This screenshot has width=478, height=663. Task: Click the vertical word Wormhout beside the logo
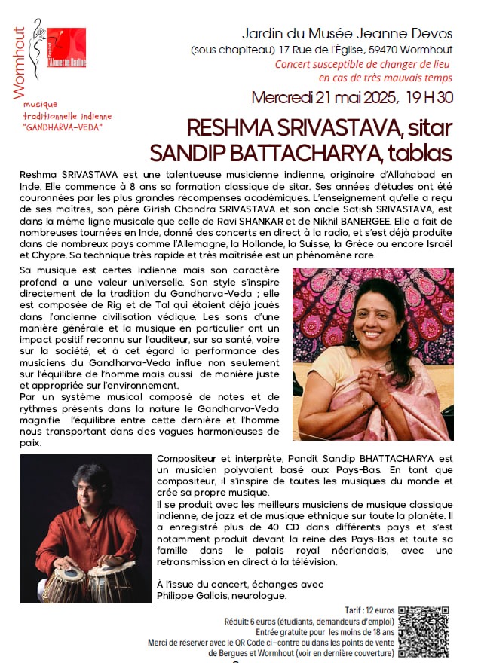pyautogui.click(x=20, y=63)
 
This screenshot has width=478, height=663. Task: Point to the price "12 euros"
pyautogui.click(x=379, y=608)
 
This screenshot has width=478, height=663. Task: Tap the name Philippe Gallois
pyautogui.click(x=191, y=596)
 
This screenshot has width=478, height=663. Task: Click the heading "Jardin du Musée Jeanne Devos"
pyautogui.click(x=347, y=34)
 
